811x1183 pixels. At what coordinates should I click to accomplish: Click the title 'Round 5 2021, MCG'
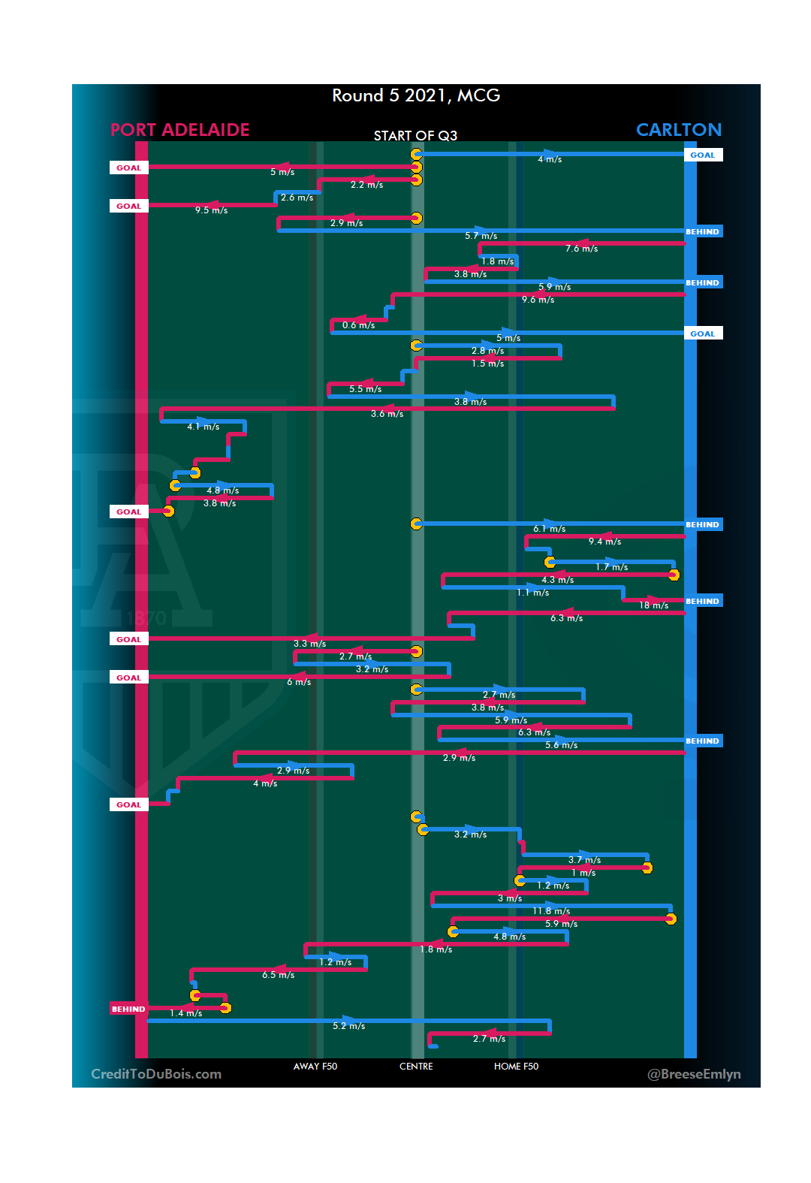click(416, 96)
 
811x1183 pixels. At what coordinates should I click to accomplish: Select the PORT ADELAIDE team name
click(180, 130)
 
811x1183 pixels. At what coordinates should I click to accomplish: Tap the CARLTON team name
click(678, 130)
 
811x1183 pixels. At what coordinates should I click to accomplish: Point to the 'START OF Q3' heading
click(415, 136)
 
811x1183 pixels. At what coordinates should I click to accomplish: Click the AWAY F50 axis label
click(315, 1067)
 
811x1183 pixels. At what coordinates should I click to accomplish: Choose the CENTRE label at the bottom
click(416, 1067)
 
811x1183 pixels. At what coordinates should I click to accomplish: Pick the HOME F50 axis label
click(516, 1067)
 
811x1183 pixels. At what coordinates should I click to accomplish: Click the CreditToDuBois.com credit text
click(156, 1074)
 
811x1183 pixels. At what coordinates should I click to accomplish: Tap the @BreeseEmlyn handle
click(694, 1074)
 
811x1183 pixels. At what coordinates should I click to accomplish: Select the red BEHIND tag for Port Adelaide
click(128, 1009)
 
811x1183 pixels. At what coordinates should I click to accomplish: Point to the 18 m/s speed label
click(653, 605)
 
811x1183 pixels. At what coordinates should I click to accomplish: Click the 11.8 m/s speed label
click(551, 911)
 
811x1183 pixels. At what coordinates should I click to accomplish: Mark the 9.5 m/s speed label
click(211, 210)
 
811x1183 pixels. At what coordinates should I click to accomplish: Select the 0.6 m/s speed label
click(358, 325)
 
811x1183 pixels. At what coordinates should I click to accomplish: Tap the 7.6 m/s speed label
click(581, 249)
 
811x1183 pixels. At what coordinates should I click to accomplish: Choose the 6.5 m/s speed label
click(278, 975)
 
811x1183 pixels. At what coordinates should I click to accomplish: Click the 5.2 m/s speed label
click(348, 1026)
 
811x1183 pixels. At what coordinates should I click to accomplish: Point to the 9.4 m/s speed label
click(604, 542)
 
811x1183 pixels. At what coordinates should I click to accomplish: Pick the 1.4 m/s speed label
click(185, 1013)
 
